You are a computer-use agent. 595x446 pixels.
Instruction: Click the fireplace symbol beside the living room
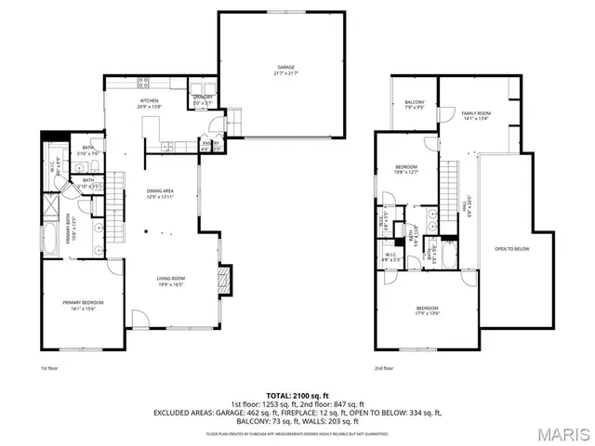pyautogui.click(x=223, y=279)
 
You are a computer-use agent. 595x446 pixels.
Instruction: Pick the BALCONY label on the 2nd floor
pyautogui.click(x=414, y=104)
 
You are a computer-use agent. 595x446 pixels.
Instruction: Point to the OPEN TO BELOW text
pyautogui.click(x=512, y=249)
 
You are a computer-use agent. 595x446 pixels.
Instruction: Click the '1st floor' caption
pyautogui.click(x=50, y=369)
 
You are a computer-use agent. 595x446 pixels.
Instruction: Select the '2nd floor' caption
pyautogui.click(x=384, y=369)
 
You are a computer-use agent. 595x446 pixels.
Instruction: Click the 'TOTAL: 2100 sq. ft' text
pyautogui.click(x=297, y=396)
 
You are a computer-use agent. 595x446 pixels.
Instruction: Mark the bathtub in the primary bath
pyautogui.click(x=48, y=243)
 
